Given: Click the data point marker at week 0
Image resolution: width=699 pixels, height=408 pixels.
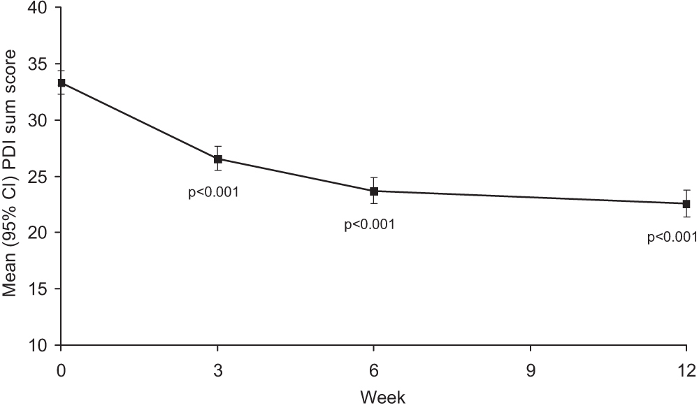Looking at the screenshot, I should tap(62, 82).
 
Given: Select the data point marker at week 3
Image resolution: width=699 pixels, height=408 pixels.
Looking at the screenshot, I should tap(218, 159).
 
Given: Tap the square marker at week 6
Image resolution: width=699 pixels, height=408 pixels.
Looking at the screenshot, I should tap(374, 191).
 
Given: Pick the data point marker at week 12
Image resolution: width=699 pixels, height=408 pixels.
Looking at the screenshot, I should tap(686, 204).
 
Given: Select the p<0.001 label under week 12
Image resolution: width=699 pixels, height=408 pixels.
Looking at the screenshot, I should tap(672, 238).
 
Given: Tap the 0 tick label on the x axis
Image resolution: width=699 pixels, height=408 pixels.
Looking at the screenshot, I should tap(62, 368).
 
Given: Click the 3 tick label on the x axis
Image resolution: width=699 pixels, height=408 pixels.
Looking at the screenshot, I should tap(218, 368).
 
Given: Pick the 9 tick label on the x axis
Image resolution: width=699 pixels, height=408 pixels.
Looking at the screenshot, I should tap(530, 368).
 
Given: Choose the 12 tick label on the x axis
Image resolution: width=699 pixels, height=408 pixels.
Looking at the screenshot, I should tap(686, 368).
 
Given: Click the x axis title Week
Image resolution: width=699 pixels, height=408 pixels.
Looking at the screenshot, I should tap(382, 398).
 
